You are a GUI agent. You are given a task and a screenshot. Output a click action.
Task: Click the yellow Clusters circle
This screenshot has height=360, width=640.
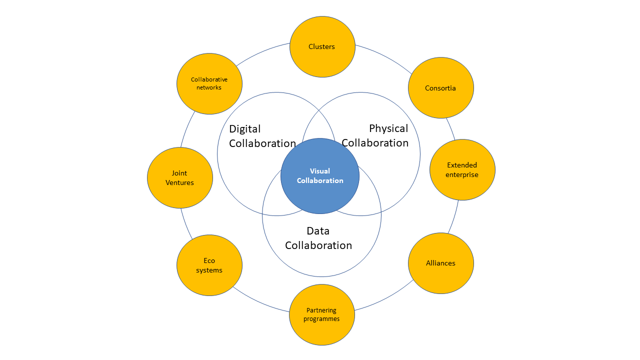[x=322, y=46]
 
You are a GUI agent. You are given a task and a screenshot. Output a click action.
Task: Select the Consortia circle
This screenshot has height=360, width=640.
[x=440, y=88]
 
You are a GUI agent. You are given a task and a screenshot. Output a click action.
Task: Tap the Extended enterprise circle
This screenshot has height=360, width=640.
[x=462, y=169]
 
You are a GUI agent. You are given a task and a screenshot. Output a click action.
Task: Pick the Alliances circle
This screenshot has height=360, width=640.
[x=440, y=263]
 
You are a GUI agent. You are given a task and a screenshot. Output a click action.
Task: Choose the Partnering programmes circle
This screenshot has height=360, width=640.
[x=322, y=314]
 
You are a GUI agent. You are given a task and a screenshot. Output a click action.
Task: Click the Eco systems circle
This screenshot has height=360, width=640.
[x=209, y=265]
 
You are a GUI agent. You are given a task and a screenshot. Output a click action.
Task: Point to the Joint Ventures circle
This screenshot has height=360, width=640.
[x=180, y=177]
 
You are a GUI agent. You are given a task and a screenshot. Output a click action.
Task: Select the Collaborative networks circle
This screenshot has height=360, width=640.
[x=209, y=83]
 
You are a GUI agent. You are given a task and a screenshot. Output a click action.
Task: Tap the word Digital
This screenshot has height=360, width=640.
[x=245, y=129]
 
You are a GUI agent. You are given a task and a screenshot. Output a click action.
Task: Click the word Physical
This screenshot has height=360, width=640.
[x=388, y=128]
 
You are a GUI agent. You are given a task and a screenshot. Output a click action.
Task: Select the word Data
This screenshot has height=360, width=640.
[x=318, y=231]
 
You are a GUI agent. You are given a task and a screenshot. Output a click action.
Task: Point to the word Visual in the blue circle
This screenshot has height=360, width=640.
[x=320, y=171]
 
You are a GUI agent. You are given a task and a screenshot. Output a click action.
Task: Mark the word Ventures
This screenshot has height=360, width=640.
[x=179, y=182]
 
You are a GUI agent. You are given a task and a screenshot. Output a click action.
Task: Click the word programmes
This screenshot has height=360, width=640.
[x=321, y=319]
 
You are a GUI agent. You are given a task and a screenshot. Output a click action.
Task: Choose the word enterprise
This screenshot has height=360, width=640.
[x=462, y=174]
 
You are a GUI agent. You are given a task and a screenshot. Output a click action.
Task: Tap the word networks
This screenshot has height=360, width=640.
[x=209, y=87]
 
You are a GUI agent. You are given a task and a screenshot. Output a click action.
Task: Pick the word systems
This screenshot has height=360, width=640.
[x=209, y=270]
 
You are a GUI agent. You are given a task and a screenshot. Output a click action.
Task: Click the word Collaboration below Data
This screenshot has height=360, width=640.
[x=318, y=245]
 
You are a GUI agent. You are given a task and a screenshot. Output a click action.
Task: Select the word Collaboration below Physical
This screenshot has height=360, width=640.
[x=375, y=143]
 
